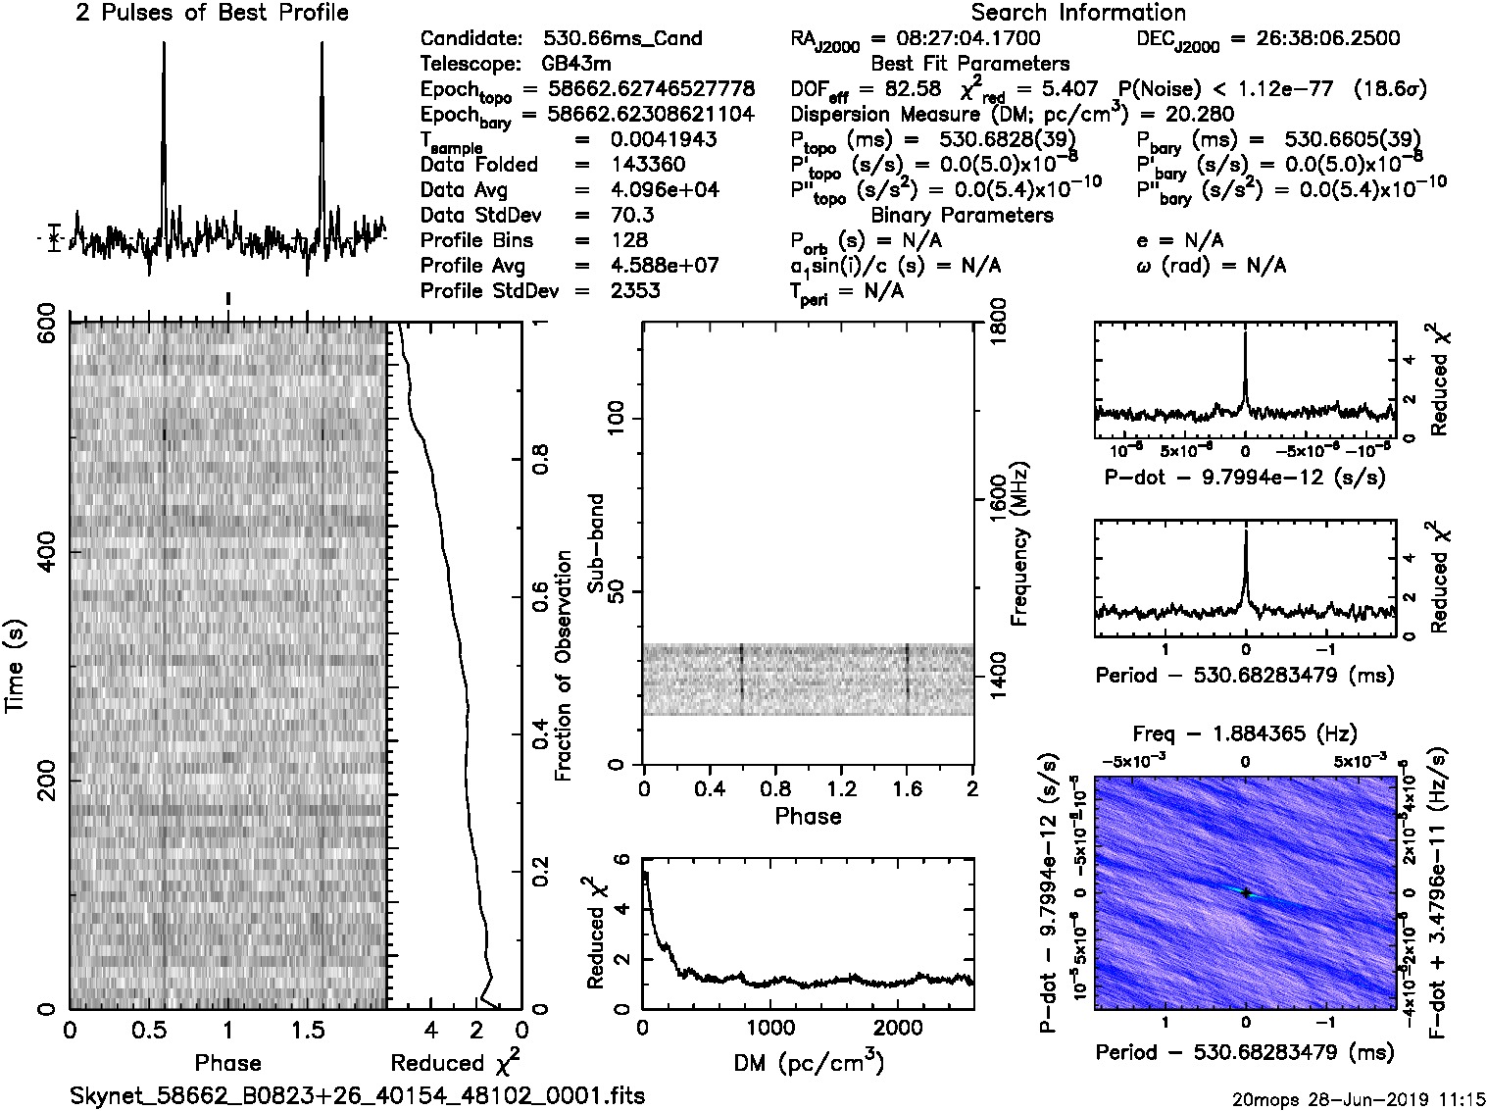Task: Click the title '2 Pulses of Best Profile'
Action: point(212,13)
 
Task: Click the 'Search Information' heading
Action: point(1078,13)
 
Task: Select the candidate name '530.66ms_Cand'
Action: point(622,38)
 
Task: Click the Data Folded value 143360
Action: point(648,165)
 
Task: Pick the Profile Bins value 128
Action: point(628,240)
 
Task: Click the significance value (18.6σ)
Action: point(1388,89)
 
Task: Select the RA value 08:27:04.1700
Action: point(955,38)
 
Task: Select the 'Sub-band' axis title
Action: point(595,542)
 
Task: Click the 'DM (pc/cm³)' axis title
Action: point(808,1062)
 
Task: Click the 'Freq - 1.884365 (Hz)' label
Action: point(1245,733)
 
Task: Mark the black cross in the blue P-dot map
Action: point(1246,892)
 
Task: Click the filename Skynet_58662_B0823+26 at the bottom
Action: point(358,1095)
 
